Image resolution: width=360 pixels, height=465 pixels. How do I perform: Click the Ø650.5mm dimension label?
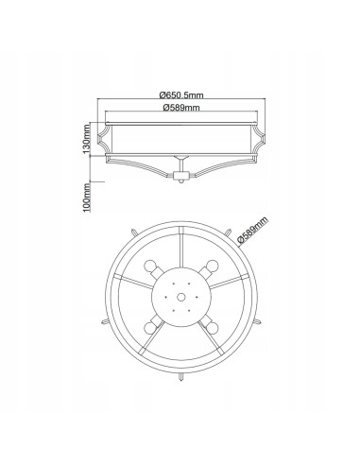pyautogui.click(x=181, y=95)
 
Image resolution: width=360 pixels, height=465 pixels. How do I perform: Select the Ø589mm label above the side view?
pyautogui.click(x=181, y=108)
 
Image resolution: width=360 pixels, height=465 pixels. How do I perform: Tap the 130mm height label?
pyautogui.click(x=87, y=139)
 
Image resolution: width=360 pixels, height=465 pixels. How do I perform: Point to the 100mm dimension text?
pyautogui.click(x=87, y=198)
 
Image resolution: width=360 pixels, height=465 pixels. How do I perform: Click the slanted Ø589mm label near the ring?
pyautogui.click(x=252, y=230)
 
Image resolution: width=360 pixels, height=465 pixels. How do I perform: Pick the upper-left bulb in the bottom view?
pyautogui.click(x=150, y=267)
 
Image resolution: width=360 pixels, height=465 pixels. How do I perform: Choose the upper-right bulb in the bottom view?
pyautogui.click(x=212, y=267)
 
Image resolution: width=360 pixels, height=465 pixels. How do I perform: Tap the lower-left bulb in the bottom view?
pyautogui.click(x=150, y=328)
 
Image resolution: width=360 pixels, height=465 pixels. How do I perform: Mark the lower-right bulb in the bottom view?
pyautogui.click(x=213, y=328)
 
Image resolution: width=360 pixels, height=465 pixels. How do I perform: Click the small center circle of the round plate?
pyautogui.click(x=181, y=297)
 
